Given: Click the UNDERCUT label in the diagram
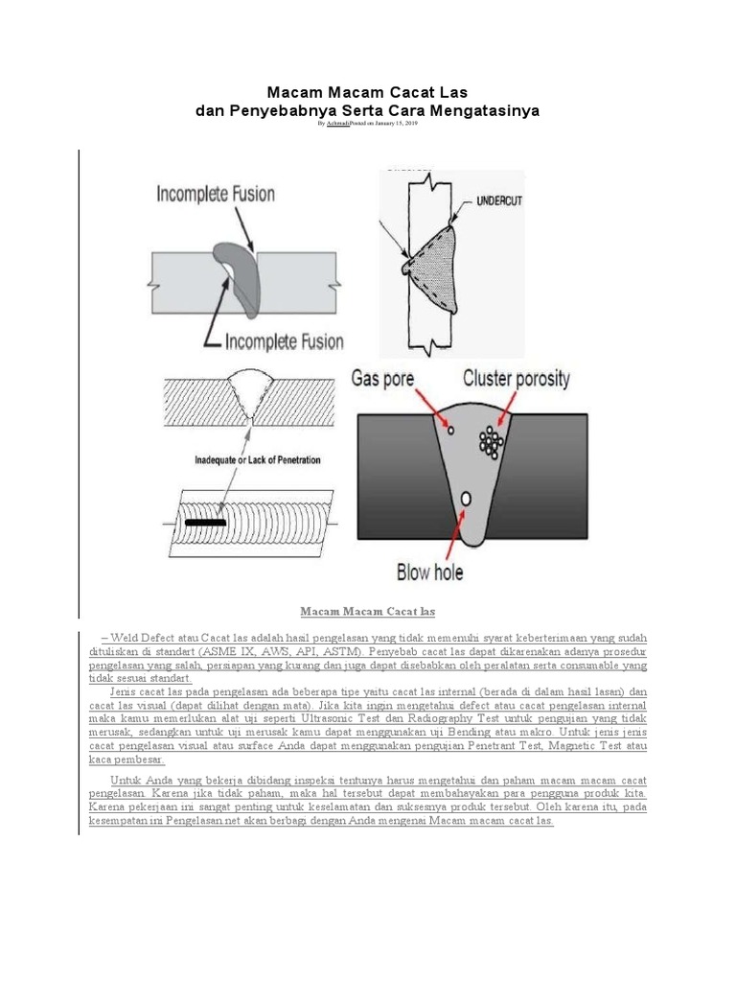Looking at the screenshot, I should coord(493,203).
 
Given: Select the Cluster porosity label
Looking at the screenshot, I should coord(516,379).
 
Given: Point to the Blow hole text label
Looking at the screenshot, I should coord(429,573).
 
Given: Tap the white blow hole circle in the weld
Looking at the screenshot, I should coord(466,499).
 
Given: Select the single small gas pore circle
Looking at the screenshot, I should coord(449,429).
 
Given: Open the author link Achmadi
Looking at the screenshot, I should coord(337,124).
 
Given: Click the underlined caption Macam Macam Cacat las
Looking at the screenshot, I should coord(367,611).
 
